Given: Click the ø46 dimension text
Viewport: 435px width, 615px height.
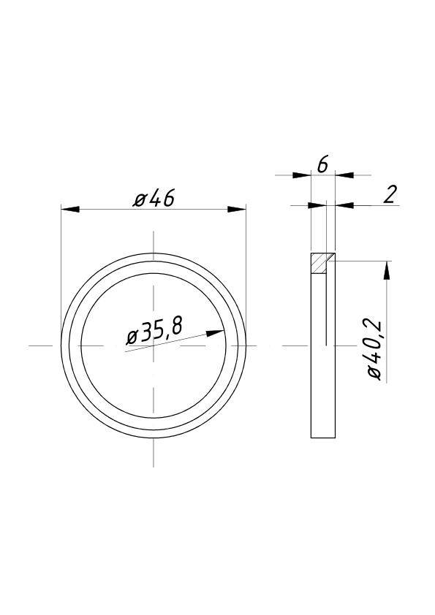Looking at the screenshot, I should (154, 198).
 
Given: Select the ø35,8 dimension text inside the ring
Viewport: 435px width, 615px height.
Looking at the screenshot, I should (154, 333).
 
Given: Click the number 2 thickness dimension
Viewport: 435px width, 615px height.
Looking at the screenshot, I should (390, 194).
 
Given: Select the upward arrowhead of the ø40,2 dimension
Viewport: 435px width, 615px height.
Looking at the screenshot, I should (386, 270).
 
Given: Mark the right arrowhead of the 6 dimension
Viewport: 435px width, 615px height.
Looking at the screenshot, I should (344, 175).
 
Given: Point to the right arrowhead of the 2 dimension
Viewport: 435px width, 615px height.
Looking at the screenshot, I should (344, 205).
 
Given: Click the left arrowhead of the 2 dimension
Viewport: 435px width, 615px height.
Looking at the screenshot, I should (319, 205).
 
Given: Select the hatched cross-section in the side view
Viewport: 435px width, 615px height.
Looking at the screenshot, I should (319, 263).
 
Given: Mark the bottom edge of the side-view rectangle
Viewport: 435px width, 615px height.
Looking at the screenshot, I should (322, 438).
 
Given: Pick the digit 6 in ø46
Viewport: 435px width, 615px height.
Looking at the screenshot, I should (167, 198).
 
